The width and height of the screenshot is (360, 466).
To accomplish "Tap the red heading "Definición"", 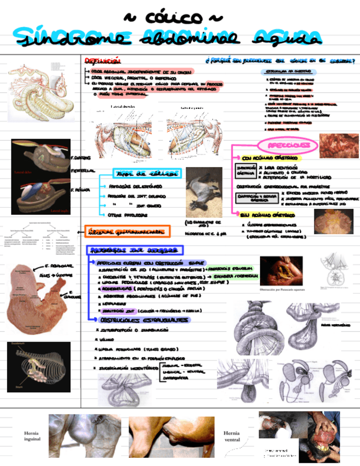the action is click(103, 60).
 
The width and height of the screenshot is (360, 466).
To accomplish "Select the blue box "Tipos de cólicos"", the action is click(147, 174).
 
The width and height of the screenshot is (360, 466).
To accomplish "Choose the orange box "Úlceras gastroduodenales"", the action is click(128, 231).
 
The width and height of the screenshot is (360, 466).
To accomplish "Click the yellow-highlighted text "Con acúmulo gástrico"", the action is click(270, 158).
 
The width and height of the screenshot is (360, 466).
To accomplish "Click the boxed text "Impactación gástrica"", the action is click(245, 170).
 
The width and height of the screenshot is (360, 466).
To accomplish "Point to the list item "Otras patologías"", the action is click(128, 214).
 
